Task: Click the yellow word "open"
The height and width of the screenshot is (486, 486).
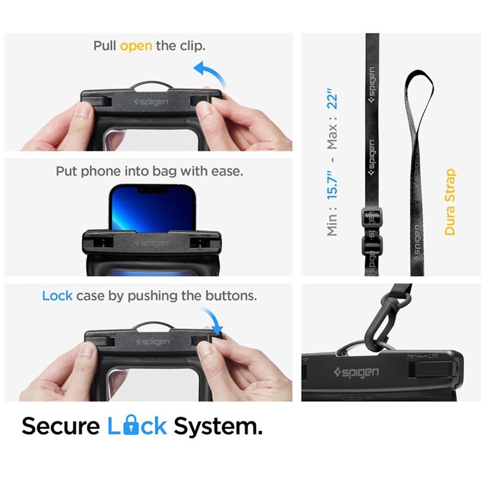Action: point(136,46)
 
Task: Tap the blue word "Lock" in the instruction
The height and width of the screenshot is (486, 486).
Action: point(57,296)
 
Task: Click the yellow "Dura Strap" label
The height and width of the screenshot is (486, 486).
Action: point(450,202)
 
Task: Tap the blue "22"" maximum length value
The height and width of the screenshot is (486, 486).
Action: point(332,98)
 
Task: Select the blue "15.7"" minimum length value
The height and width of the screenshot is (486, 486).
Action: point(332,185)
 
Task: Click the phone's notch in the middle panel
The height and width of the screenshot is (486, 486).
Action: point(153,189)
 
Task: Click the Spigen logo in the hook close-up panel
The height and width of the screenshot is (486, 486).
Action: point(357,372)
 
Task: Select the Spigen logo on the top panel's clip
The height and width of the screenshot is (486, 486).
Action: point(151,102)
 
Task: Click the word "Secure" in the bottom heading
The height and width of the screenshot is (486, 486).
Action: point(61,426)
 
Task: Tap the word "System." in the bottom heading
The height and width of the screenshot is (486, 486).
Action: point(218,427)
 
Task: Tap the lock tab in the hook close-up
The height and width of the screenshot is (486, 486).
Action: point(433,369)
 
